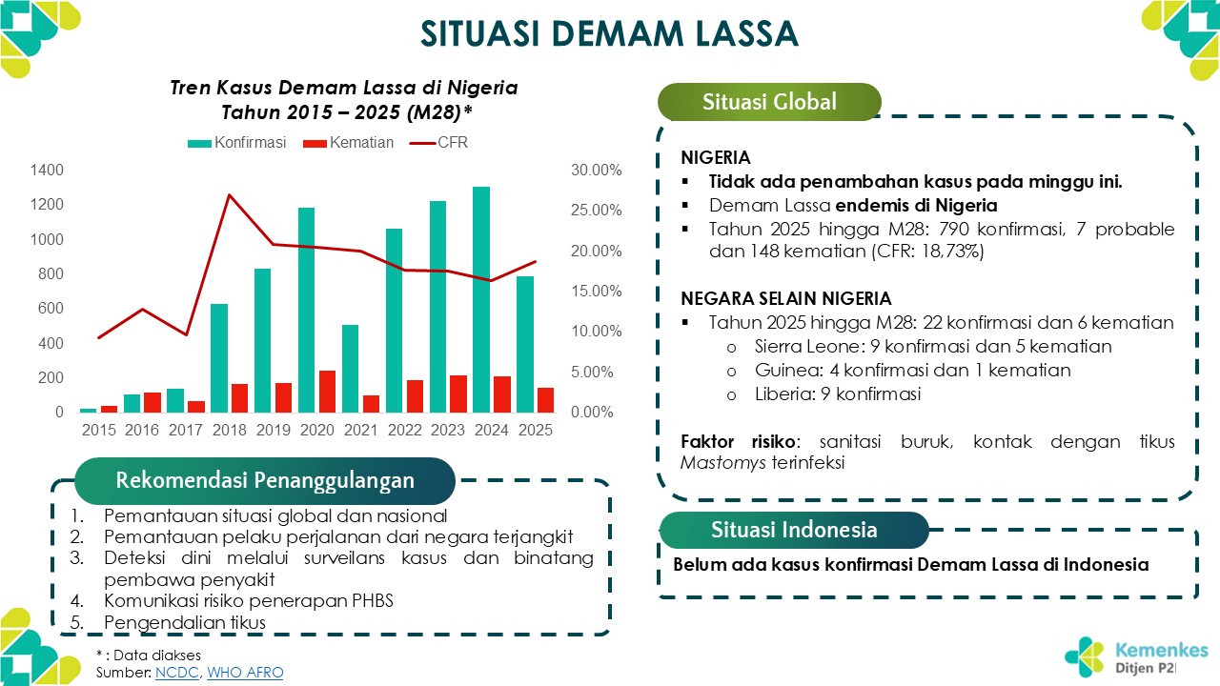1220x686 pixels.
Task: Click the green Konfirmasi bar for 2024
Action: [481, 299]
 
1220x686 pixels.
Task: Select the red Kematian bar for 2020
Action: [328, 391]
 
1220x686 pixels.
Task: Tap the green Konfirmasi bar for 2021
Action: [351, 368]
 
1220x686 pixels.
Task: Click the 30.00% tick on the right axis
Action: [597, 171]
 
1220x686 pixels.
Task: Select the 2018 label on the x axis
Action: [230, 430]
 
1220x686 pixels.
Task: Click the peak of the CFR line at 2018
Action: [230, 195]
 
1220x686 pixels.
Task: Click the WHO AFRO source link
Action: [245, 673]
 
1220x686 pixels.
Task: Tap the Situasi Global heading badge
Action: [768, 102]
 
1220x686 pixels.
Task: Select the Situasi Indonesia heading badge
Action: [793, 530]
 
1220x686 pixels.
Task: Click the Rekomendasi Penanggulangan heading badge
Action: [264, 480]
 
